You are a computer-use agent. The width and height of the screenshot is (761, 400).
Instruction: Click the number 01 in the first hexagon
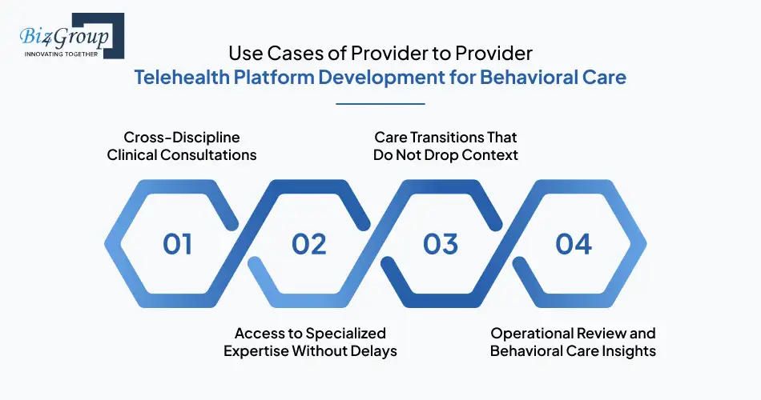click(178, 244)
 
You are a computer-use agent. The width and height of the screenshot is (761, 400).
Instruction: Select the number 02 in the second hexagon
click(309, 244)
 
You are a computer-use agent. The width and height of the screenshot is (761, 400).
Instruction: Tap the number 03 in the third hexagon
click(441, 244)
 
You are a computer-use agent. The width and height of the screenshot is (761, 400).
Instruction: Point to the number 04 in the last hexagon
click(574, 244)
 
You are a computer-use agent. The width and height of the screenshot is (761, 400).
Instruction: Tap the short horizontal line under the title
click(380, 103)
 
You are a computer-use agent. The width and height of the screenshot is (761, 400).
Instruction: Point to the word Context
click(489, 154)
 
